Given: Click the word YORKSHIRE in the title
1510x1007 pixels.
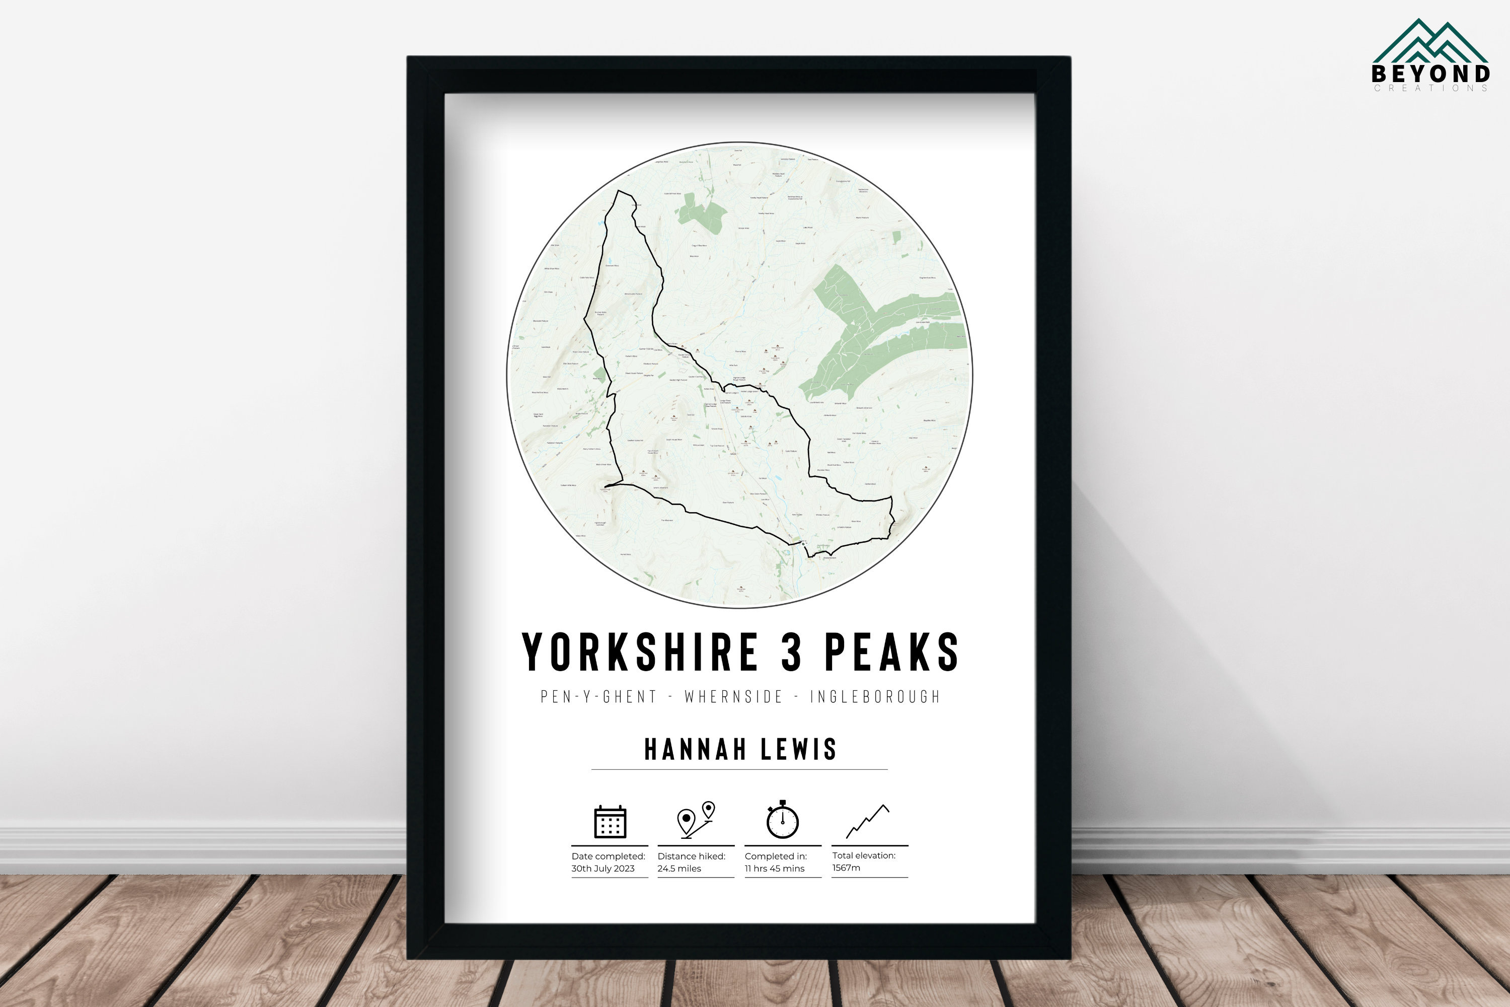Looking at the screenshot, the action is pos(640,653).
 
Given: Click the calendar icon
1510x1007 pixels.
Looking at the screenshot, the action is pos(609,821).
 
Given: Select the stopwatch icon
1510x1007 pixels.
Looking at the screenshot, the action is pos(783,820).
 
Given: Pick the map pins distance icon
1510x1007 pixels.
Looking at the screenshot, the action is pos(696,820).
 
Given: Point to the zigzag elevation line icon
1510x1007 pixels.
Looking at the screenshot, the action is pos(868,821).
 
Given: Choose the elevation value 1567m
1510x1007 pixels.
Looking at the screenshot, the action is pos(846,868).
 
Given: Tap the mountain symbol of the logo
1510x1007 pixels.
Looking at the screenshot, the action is pos(1430,42).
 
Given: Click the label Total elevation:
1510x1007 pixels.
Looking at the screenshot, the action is pos(864,855).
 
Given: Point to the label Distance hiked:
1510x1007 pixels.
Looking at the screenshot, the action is pos(692,856).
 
